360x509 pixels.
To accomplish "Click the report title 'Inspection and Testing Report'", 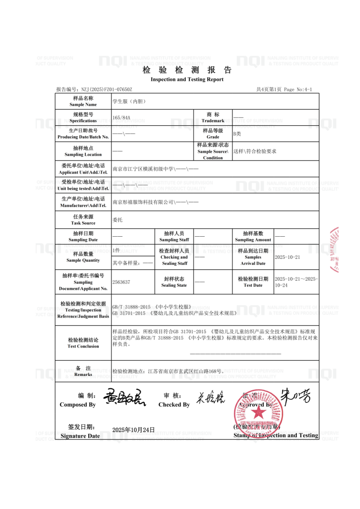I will coord(187,80).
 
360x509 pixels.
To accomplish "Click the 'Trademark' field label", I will coord(213,121).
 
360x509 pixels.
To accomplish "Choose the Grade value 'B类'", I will coord(237,134).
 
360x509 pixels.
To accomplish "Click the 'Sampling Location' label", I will coord(83,154).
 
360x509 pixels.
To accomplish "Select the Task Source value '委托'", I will coord(118,220).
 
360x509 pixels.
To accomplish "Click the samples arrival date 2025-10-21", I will coord(288,257).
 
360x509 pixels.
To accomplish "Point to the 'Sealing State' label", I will coord(174,285).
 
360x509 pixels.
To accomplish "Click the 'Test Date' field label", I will coord(253,285).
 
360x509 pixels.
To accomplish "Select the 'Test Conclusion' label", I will coord(83,346).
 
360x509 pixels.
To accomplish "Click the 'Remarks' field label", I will coord(83,374).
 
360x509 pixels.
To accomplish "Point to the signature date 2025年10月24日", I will coord(133,430).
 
